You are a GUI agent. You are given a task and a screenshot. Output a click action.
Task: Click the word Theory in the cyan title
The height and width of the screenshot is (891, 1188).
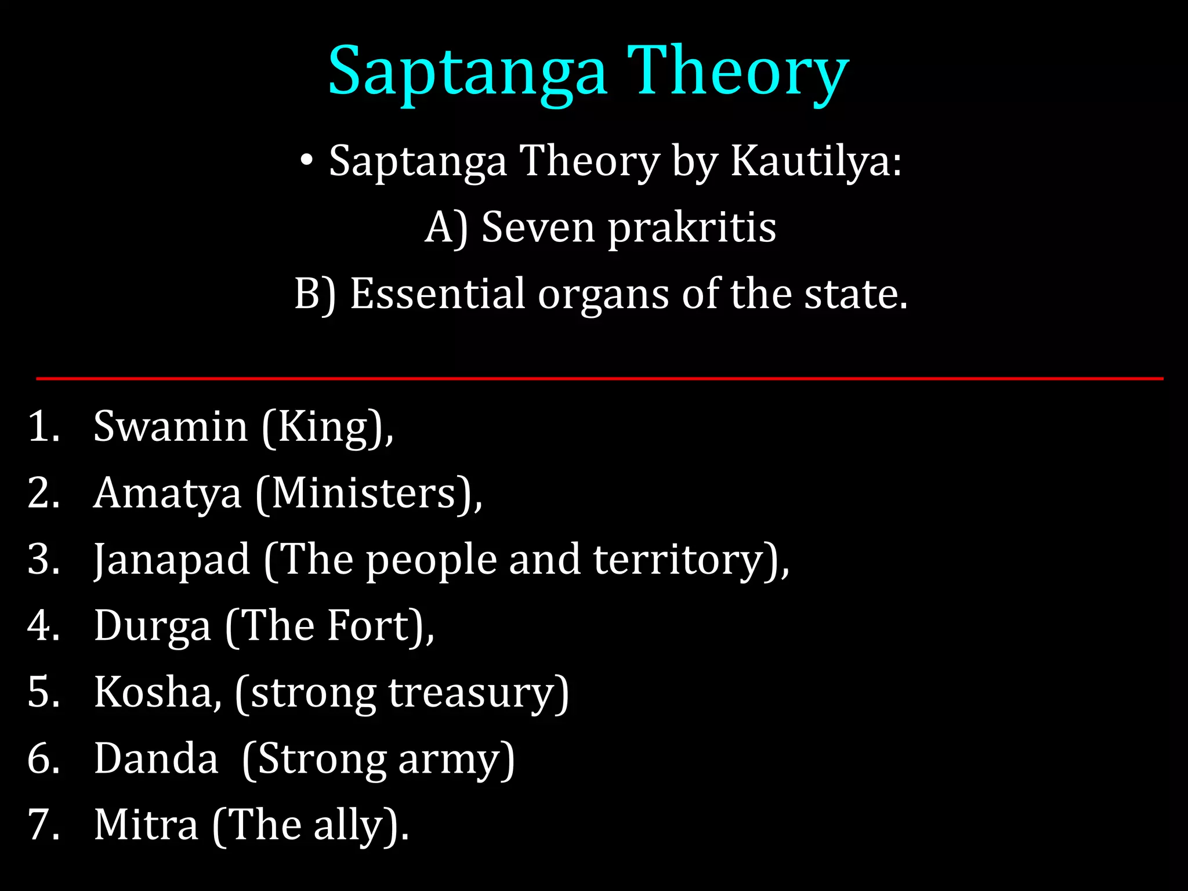(x=738, y=72)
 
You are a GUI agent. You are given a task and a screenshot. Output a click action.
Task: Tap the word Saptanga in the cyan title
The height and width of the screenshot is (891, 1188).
(x=468, y=72)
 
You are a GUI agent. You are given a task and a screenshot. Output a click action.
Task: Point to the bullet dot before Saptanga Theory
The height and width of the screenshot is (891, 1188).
(x=307, y=161)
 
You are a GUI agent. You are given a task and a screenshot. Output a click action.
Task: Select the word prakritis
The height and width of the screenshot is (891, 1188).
(x=691, y=228)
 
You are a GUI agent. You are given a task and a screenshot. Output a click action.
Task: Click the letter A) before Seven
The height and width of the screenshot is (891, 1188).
(x=445, y=228)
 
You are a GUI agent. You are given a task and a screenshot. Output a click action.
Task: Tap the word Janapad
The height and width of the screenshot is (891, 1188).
(x=172, y=560)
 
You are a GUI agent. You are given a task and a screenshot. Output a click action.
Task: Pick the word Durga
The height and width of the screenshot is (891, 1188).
(x=152, y=626)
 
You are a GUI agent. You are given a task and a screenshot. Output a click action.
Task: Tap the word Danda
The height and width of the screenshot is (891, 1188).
(x=156, y=758)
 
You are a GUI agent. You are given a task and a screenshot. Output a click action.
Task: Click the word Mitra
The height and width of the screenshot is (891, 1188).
(x=146, y=825)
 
